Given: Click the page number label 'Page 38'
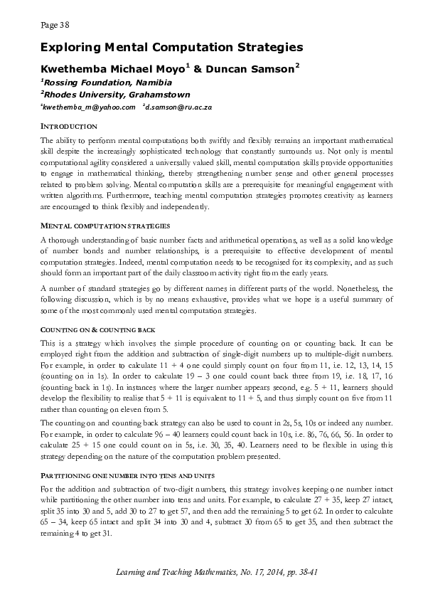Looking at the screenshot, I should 55,25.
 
